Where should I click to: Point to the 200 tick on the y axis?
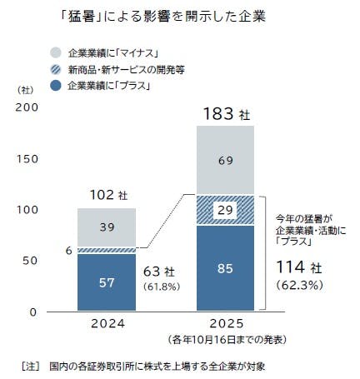point(28,107)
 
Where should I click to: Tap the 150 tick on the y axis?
point(28,158)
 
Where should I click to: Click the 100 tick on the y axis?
point(28,209)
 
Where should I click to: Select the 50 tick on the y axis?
point(32,261)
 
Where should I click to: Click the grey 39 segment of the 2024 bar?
point(107,227)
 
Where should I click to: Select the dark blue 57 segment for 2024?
point(107,282)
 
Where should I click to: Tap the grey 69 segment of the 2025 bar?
point(225,160)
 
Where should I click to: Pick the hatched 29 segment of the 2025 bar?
point(225,210)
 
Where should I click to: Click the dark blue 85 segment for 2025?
point(225,268)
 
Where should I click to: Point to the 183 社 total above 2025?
point(225,112)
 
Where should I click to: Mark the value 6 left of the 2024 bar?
point(68,249)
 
